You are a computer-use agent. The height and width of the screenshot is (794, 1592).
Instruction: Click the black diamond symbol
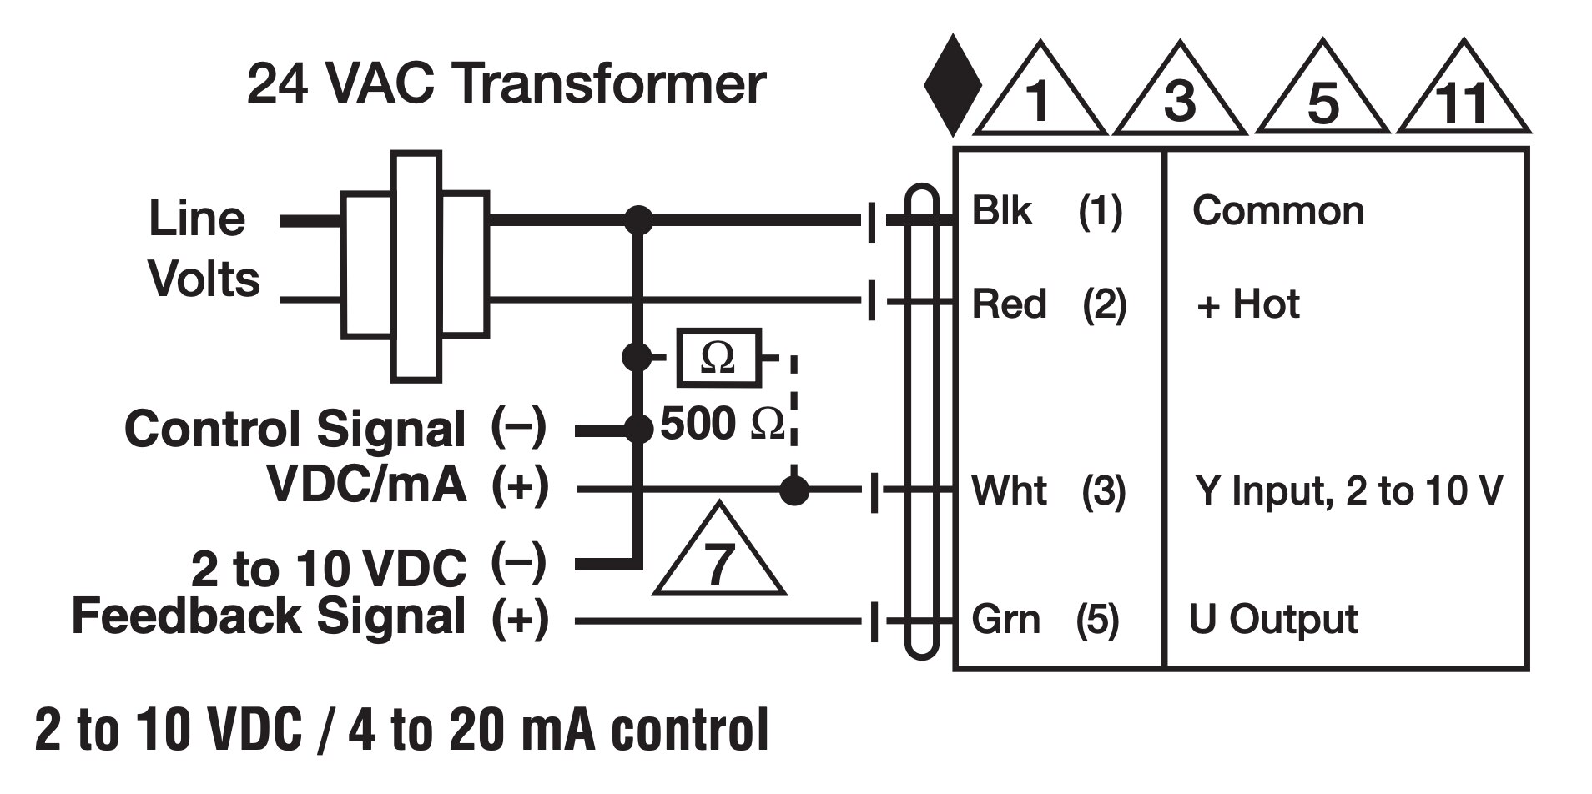coord(952,85)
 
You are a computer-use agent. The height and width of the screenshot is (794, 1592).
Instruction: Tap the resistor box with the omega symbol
coord(718,358)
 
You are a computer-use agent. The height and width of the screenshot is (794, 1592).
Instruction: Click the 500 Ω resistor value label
coord(723,424)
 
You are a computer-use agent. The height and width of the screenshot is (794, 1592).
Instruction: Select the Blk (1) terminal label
coord(1047,211)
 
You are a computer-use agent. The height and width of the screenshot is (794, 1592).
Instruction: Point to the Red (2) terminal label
coord(1049,304)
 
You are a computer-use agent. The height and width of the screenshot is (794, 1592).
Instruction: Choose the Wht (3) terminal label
coord(1049,490)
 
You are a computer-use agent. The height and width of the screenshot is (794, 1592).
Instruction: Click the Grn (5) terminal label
coord(1045,620)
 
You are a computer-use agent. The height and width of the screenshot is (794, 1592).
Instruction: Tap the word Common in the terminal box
coord(1278,211)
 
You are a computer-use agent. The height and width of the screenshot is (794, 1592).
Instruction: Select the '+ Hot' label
coord(1248,304)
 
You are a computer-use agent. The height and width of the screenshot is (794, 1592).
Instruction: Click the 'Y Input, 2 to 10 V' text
coord(1348,490)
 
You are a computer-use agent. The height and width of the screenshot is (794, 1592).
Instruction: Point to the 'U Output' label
coord(1273,620)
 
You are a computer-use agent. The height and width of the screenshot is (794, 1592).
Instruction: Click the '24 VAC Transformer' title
coord(506,84)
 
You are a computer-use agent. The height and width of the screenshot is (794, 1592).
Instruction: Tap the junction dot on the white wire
coord(794,490)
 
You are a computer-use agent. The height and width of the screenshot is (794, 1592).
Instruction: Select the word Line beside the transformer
coord(197,219)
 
